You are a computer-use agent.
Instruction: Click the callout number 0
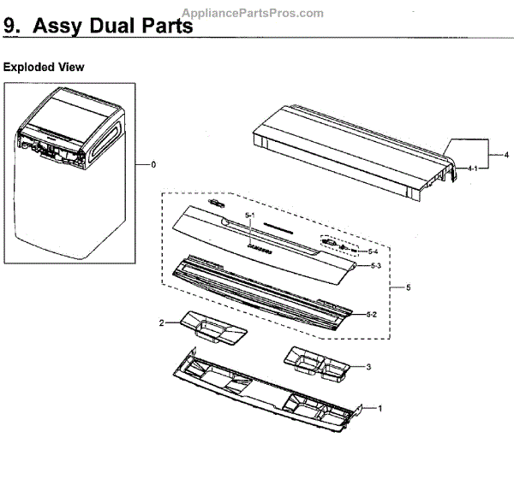point(154,163)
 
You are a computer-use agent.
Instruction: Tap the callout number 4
point(506,155)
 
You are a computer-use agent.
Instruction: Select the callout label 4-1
point(472,171)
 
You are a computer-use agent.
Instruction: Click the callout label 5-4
point(372,251)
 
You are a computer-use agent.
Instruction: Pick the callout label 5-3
point(374,267)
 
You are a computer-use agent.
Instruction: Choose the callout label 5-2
point(372,315)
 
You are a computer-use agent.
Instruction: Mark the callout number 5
point(408,287)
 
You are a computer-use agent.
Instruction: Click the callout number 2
point(160,322)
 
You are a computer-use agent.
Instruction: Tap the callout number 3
point(368,367)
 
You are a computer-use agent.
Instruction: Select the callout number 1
point(380,409)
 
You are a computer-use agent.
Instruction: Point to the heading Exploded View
point(44,67)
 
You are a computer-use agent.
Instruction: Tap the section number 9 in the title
point(11,26)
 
